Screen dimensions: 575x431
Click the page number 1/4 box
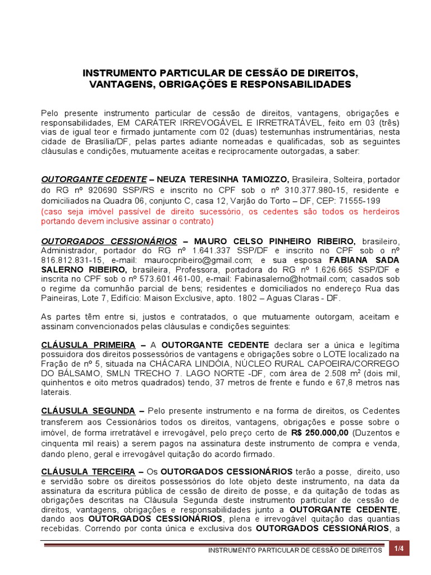399,549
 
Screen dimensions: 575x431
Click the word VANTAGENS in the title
118,84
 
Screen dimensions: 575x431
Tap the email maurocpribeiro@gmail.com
200,261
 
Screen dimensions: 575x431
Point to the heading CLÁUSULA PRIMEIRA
88,344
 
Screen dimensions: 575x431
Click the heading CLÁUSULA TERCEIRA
88,471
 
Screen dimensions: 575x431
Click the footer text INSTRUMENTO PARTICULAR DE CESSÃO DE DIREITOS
295,551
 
